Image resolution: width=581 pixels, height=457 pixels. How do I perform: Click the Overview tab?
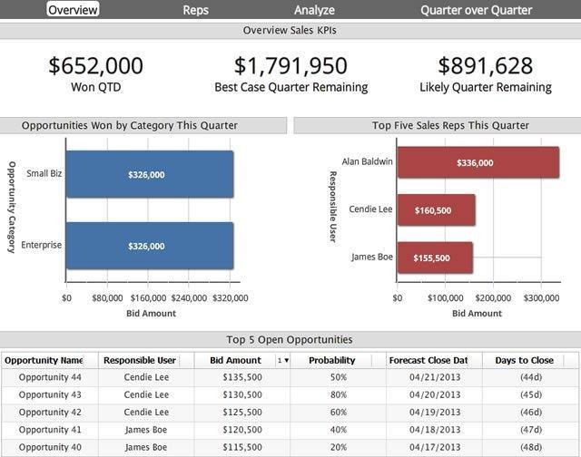click(x=73, y=10)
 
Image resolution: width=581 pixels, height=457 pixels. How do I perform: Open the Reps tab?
click(x=195, y=10)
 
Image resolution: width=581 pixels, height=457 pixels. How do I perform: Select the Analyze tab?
click(x=314, y=10)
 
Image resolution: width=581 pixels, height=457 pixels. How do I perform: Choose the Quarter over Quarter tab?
click(x=476, y=10)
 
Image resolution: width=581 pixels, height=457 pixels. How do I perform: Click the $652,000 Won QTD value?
click(x=95, y=65)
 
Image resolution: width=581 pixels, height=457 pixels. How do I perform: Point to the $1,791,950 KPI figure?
click(x=290, y=65)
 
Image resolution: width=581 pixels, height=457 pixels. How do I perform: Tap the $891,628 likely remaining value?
click(x=485, y=65)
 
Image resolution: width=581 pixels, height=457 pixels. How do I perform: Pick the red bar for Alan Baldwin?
click(x=478, y=163)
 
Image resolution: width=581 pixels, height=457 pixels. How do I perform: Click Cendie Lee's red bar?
click(x=436, y=210)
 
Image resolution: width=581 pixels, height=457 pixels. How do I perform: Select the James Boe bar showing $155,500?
click(x=434, y=258)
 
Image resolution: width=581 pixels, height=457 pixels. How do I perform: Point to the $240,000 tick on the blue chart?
click(x=189, y=297)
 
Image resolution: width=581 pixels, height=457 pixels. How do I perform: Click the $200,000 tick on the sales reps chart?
click(x=493, y=297)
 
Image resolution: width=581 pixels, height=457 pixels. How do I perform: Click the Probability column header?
click(x=338, y=360)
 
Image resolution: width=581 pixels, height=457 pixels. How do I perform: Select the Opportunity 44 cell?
click(x=50, y=377)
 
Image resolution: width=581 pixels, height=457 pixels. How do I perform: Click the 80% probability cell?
click(x=338, y=395)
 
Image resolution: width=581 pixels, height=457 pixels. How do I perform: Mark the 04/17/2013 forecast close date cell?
click(x=434, y=448)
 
